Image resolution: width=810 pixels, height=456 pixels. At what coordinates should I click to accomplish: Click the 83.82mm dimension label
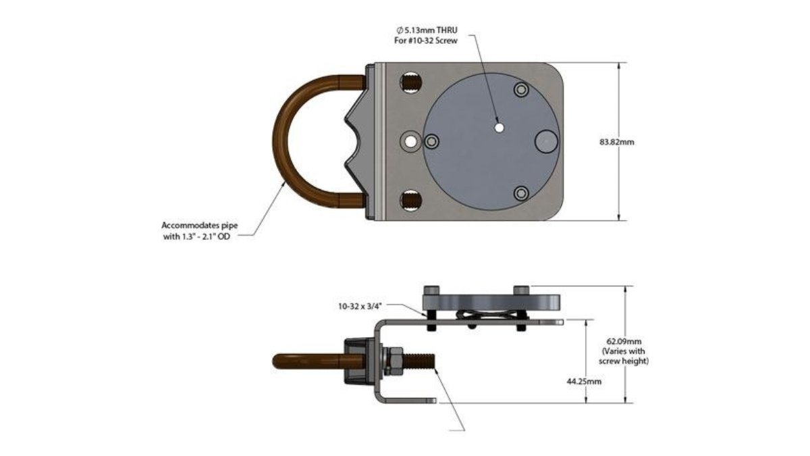coord(616,143)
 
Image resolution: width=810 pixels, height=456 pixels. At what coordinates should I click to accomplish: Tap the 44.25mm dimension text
coord(584,382)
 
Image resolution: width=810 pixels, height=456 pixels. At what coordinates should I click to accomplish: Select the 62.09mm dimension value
coord(624,341)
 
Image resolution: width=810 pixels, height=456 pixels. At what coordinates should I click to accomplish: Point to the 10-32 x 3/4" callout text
coord(360,307)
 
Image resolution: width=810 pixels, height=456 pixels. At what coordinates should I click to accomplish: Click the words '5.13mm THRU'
coord(431,30)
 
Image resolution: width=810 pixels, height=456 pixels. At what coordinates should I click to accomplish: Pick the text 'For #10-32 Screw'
coord(426,41)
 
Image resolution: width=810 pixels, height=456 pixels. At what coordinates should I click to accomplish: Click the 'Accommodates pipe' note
coord(200,226)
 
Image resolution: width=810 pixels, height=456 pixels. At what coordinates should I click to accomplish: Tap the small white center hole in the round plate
coord(500,128)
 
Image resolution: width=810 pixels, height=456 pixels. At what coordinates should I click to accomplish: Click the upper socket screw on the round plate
coord(521,89)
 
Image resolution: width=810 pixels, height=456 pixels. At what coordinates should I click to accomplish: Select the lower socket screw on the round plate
coord(521,193)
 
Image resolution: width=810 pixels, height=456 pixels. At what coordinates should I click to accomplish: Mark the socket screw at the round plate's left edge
coord(431,141)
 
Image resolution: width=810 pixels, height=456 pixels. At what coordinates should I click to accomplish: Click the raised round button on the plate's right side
coord(546,141)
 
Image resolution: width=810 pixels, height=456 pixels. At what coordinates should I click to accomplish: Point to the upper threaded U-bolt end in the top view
coord(411,82)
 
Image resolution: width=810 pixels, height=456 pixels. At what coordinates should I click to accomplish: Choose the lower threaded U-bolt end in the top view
coord(411,200)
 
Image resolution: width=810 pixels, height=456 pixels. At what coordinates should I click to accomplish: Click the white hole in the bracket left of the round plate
coord(410,141)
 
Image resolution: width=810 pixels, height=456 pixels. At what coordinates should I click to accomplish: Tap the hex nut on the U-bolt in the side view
coord(393,361)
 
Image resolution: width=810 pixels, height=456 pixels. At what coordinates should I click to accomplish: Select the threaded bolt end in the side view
coord(418,361)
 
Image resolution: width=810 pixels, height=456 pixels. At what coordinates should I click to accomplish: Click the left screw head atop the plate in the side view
coord(432,290)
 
